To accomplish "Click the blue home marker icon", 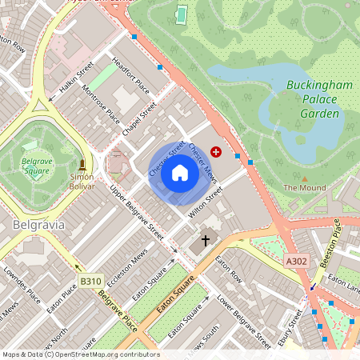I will (180, 172).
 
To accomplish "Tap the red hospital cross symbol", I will (215, 150).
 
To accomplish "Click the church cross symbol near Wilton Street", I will (205, 239).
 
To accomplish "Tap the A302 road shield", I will (296, 260).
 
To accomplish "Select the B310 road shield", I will (90, 281).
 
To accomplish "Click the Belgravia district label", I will (38, 226).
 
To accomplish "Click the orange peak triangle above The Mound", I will (304, 178).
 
